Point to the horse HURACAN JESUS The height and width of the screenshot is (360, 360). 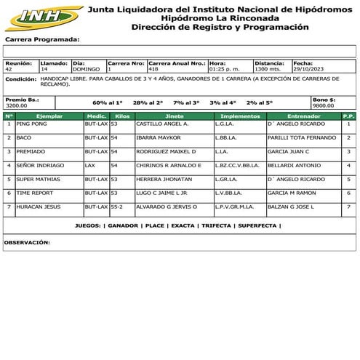[x=39, y=207]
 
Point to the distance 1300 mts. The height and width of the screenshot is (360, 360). [x=268, y=69]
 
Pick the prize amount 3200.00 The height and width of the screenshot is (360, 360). [x=17, y=105]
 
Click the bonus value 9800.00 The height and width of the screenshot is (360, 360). [x=324, y=105]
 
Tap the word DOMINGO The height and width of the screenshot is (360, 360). [x=87, y=69]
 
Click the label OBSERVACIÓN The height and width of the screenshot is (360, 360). [x=27, y=241]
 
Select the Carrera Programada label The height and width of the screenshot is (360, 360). [x=42, y=40]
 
